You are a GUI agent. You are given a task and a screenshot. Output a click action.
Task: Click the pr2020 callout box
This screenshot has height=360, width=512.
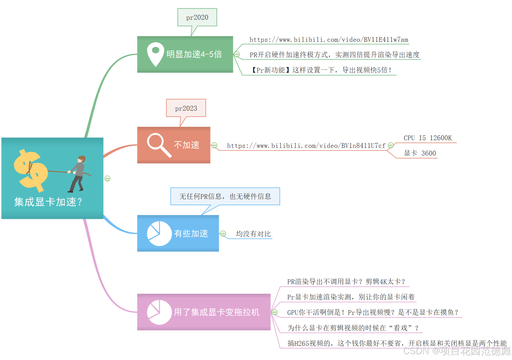tap(197, 18)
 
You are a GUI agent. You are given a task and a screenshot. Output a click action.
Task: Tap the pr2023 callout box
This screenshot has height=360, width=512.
tap(186, 108)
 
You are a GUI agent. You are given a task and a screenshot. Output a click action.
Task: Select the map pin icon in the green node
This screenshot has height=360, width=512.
tap(156, 54)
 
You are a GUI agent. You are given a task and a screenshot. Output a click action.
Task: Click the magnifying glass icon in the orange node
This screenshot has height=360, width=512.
tap(159, 145)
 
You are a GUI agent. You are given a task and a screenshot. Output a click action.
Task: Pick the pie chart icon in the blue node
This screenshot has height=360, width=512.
tap(159, 233)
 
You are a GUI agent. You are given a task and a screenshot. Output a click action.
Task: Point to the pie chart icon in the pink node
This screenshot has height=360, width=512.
tap(159, 312)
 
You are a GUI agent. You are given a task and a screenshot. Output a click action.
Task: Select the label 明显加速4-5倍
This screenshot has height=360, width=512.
tap(194, 54)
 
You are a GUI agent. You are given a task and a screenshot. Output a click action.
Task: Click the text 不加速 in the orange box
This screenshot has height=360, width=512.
tap(187, 145)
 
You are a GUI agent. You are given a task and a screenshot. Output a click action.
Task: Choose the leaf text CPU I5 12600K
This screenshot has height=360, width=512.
tap(427, 138)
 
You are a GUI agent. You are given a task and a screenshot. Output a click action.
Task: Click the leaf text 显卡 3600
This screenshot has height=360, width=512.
tap(420, 153)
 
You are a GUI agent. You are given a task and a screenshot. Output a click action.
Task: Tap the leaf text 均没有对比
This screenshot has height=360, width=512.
tap(253, 234)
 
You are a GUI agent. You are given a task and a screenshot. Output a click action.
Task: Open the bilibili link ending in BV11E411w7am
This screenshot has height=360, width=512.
tap(329, 40)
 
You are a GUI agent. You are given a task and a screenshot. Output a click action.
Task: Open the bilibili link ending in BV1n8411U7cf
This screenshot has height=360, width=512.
tap(306, 146)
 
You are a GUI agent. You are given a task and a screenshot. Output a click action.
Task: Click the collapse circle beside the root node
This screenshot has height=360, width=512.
tap(108, 178)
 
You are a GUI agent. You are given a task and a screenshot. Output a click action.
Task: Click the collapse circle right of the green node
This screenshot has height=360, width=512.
tap(237, 54)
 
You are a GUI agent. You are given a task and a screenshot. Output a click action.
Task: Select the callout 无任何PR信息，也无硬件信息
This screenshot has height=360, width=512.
tap(225, 196)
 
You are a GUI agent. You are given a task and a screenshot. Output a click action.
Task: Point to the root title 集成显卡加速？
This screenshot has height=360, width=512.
tap(48, 202)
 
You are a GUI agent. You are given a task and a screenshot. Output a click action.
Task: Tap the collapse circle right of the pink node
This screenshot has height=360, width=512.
tap(275, 312)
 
